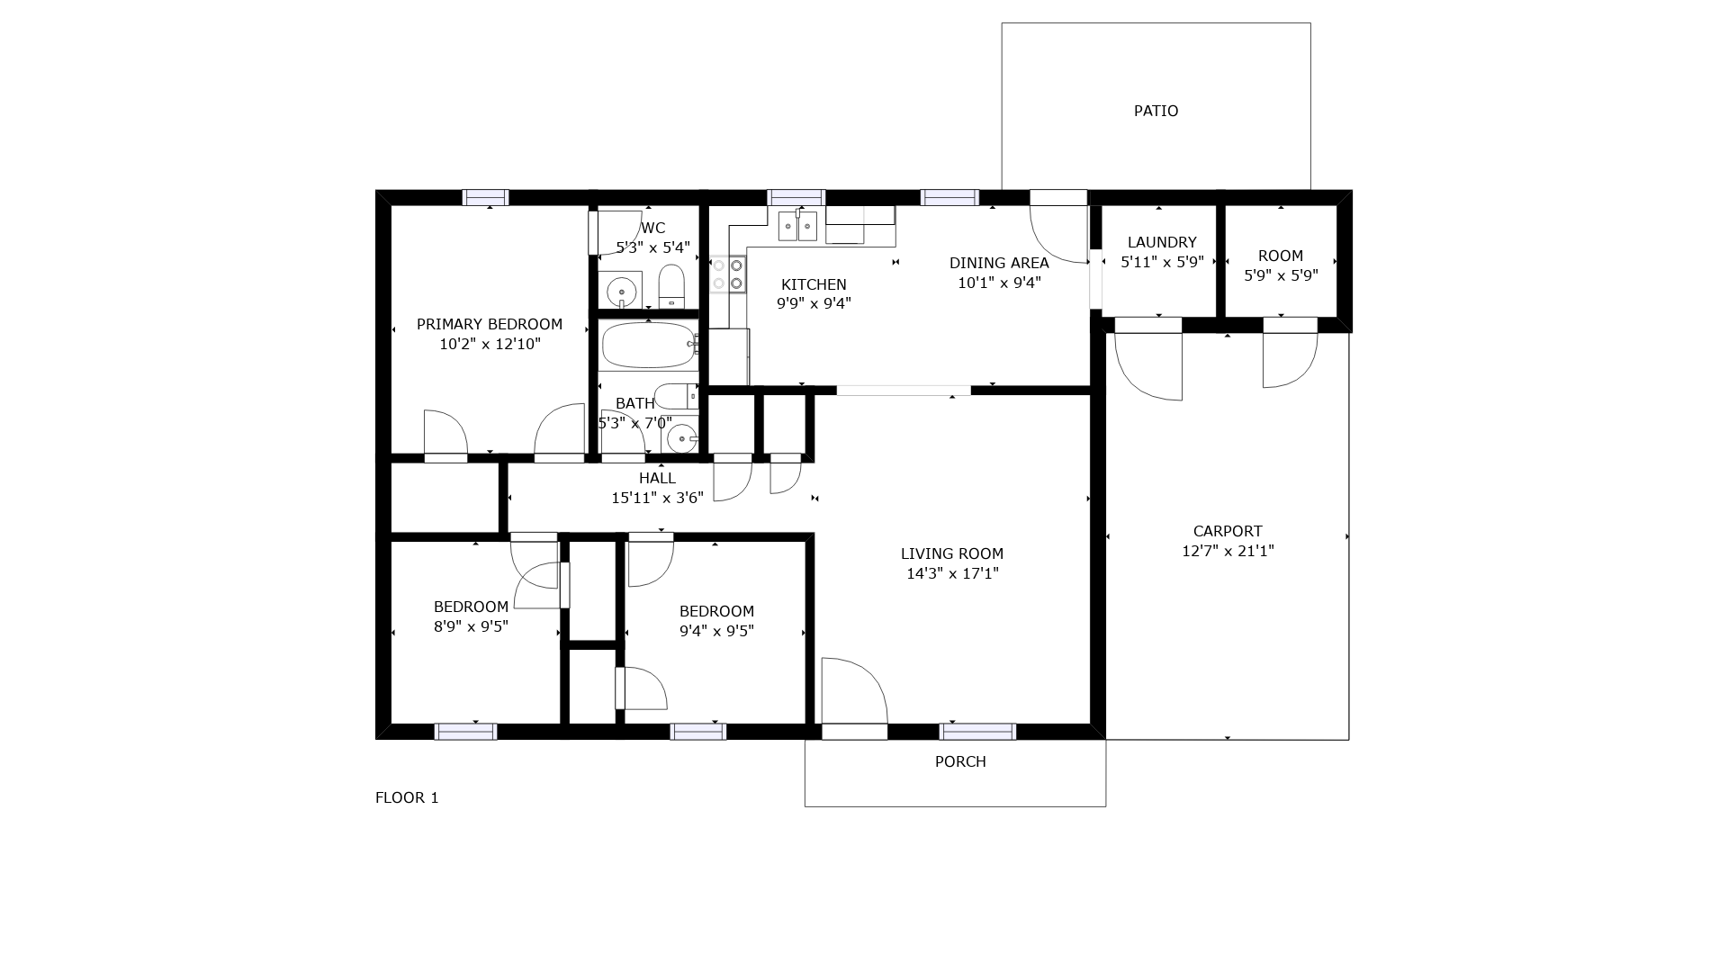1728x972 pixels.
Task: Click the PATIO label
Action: click(1156, 111)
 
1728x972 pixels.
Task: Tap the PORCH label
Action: click(960, 761)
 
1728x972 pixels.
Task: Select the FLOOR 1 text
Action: click(407, 797)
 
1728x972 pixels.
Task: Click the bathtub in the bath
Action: click(648, 346)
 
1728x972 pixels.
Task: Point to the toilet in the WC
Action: click(672, 285)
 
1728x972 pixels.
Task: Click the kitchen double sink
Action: click(797, 225)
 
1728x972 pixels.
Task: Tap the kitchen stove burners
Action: click(728, 274)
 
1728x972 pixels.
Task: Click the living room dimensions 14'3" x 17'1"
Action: click(952, 573)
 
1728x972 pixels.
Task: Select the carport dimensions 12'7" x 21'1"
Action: click(1228, 551)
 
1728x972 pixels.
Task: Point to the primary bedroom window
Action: click(486, 198)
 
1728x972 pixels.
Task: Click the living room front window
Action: click(977, 732)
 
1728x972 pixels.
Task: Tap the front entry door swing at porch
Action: click(854, 691)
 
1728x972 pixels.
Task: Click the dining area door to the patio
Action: click(1059, 233)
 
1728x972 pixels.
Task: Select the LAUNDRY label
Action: click(1162, 242)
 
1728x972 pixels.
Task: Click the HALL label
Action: click(657, 478)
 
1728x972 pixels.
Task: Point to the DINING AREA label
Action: click(999, 263)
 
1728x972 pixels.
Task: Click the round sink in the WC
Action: click(621, 292)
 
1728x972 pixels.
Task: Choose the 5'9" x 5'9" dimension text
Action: click(1281, 275)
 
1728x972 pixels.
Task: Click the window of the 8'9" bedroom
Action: click(465, 732)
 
